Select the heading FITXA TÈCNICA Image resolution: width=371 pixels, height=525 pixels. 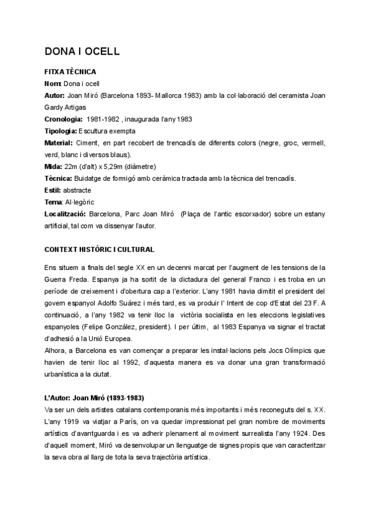[70, 72]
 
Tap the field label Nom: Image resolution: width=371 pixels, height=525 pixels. [53, 84]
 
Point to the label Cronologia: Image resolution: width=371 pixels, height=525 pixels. [63, 119]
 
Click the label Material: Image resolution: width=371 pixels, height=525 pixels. [59, 142]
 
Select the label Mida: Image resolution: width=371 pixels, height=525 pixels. [54, 167]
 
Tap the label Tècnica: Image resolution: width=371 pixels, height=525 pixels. [59, 178]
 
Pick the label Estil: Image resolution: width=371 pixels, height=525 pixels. [53, 190]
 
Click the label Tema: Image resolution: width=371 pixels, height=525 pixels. [54, 202]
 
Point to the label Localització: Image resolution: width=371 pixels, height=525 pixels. [65, 214]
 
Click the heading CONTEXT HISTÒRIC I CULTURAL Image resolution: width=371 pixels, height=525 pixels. [99, 249]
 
